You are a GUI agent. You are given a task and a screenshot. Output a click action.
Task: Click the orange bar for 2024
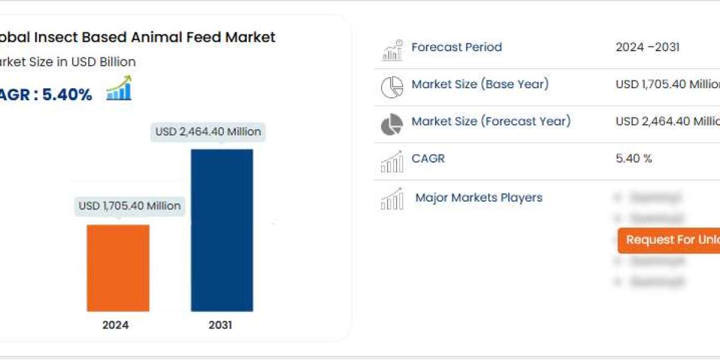pyautogui.click(x=118, y=268)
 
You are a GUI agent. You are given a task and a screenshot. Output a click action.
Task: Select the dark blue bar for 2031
pyautogui.click(x=221, y=230)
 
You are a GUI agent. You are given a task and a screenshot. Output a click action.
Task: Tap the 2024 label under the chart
pyautogui.click(x=115, y=325)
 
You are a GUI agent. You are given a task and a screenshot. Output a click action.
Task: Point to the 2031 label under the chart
pyautogui.click(x=220, y=325)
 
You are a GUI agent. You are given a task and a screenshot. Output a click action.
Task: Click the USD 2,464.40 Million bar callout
pyautogui.click(x=208, y=131)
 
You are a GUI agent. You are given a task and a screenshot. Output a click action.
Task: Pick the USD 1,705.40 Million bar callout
pyautogui.click(x=130, y=206)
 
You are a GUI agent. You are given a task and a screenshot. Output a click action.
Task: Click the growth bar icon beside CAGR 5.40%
pyautogui.click(x=119, y=88)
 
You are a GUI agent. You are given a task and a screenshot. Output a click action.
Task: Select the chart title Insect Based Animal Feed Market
pyautogui.click(x=137, y=37)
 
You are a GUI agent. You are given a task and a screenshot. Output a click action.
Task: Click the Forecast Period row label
pyautogui.click(x=457, y=47)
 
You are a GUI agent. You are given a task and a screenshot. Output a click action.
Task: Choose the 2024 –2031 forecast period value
pyautogui.click(x=647, y=47)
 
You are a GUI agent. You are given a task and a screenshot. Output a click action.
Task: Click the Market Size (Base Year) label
pyautogui.click(x=480, y=85)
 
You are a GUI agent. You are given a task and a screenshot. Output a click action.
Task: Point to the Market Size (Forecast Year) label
pyautogui.click(x=491, y=122)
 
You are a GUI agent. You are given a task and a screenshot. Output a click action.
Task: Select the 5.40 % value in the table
pyautogui.click(x=634, y=159)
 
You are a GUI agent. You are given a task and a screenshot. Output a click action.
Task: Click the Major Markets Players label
pyautogui.click(x=479, y=197)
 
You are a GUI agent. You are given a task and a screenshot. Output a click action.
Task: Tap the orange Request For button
pyautogui.click(x=669, y=240)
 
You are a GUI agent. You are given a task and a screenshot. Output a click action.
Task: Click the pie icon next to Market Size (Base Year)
pyautogui.click(x=392, y=87)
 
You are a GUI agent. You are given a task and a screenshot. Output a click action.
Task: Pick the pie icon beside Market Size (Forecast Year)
pyautogui.click(x=392, y=124)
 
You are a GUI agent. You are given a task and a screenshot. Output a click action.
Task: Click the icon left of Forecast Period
pyautogui.click(x=392, y=50)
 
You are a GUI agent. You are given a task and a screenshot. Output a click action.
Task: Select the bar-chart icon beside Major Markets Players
pyautogui.click(x=392, y=199)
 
